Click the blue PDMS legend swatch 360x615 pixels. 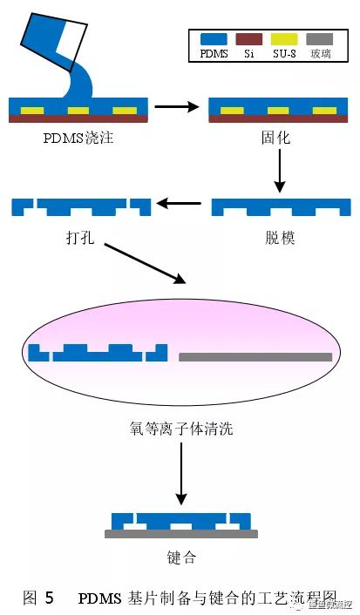(214, 40)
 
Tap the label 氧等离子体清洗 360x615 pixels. (179, 428)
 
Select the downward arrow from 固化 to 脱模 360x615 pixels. (279, 171)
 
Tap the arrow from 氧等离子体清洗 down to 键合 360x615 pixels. (180, 474)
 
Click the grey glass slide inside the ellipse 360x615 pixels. (255, 356)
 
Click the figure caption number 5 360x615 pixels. (50, 598)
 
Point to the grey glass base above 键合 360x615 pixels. (180, 534)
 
